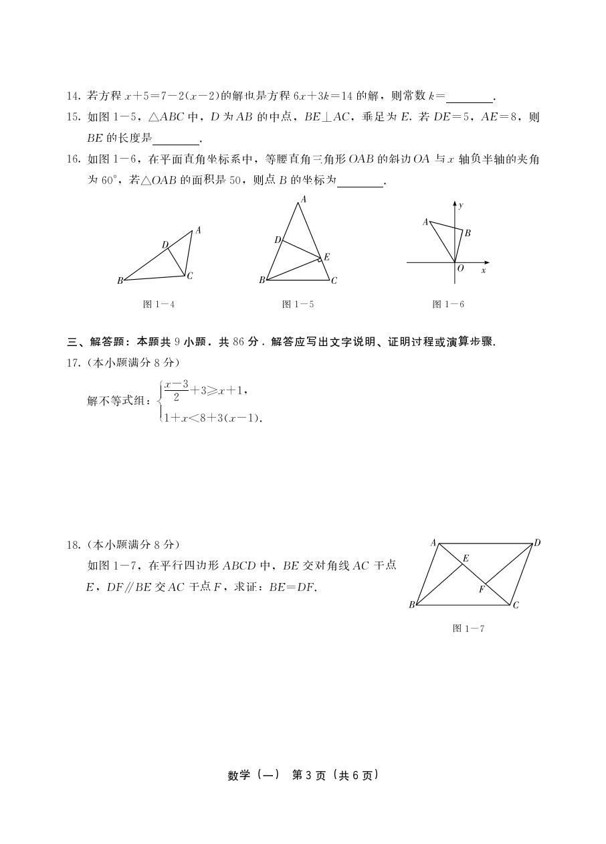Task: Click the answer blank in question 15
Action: point(177,139)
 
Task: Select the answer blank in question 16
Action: point(361,181)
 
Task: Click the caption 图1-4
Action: point(159,305)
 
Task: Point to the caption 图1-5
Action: point(298,305)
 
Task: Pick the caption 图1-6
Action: point(448,305)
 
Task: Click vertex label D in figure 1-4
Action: point(165,244)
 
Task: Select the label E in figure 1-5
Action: point(326,256)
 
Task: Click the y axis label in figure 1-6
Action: point(461,205)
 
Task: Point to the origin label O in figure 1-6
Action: point(460,268)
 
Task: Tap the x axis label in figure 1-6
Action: point(483,270)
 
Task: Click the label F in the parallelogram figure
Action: point(480,589)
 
